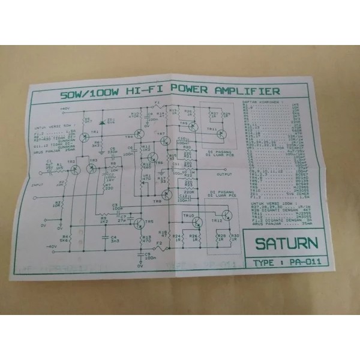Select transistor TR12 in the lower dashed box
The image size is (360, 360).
[226, 216]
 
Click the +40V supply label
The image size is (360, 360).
[65, 108]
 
